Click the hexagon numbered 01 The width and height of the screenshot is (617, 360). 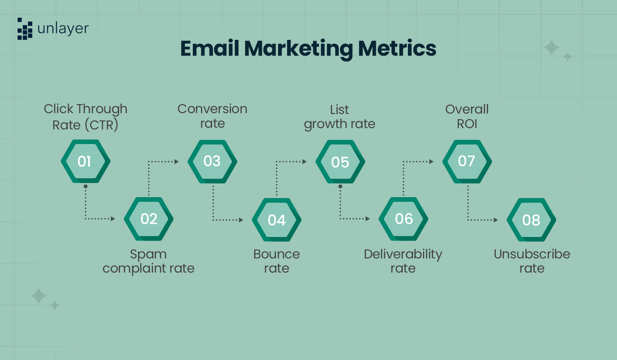(x=85, y=162)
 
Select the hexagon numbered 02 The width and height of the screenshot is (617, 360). (x=149, y=219)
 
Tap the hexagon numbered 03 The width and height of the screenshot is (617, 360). (x=212, y=161)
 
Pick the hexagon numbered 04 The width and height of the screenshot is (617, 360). (x=276, y=220)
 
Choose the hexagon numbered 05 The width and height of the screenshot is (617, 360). (x=340, y=162)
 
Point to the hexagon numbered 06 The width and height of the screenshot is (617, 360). (x=403, y=219)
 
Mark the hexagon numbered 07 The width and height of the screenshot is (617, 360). (x=467, y=161)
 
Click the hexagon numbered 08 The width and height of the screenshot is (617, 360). (x=531, y=220)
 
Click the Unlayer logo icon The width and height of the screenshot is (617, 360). (x=25, y=29)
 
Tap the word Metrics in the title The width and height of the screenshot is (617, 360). (x=397, y=48)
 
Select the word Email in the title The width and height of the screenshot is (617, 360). (x=210, y=48)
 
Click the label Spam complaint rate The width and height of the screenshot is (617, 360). (x=148, y=261)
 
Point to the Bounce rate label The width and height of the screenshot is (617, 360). (x=276, y=261)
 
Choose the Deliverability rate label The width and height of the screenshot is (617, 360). (x=403, y=261)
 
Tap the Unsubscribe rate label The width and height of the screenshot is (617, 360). (x=532, y=261)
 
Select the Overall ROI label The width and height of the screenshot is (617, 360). (x=467, y=116)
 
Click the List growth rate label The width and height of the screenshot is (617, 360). (x=339, y=116)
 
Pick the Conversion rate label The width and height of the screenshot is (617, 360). (x=212, y=116)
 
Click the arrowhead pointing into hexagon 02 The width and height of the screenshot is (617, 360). (x=113, y=219)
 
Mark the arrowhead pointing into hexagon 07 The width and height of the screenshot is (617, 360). (x=431, y=162)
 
